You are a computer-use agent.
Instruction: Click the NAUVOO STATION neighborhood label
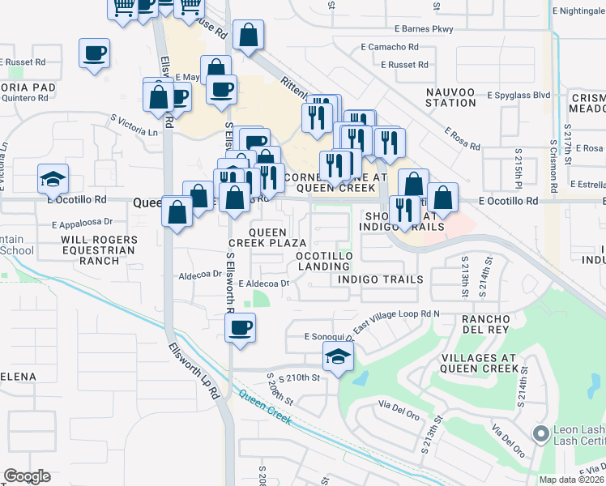point(451,97)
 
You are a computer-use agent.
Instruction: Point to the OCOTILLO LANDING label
point(322,261)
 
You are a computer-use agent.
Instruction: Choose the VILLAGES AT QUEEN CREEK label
point(478,362)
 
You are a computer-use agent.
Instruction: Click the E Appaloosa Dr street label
point(79,220)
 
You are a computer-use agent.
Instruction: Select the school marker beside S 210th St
point(339,355)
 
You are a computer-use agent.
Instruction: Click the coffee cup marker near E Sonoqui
point(240,328)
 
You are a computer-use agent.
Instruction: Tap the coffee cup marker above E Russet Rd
point(94,54)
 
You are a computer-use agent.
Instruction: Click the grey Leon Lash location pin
point(540,435)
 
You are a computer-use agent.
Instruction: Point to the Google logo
point(27,476)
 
